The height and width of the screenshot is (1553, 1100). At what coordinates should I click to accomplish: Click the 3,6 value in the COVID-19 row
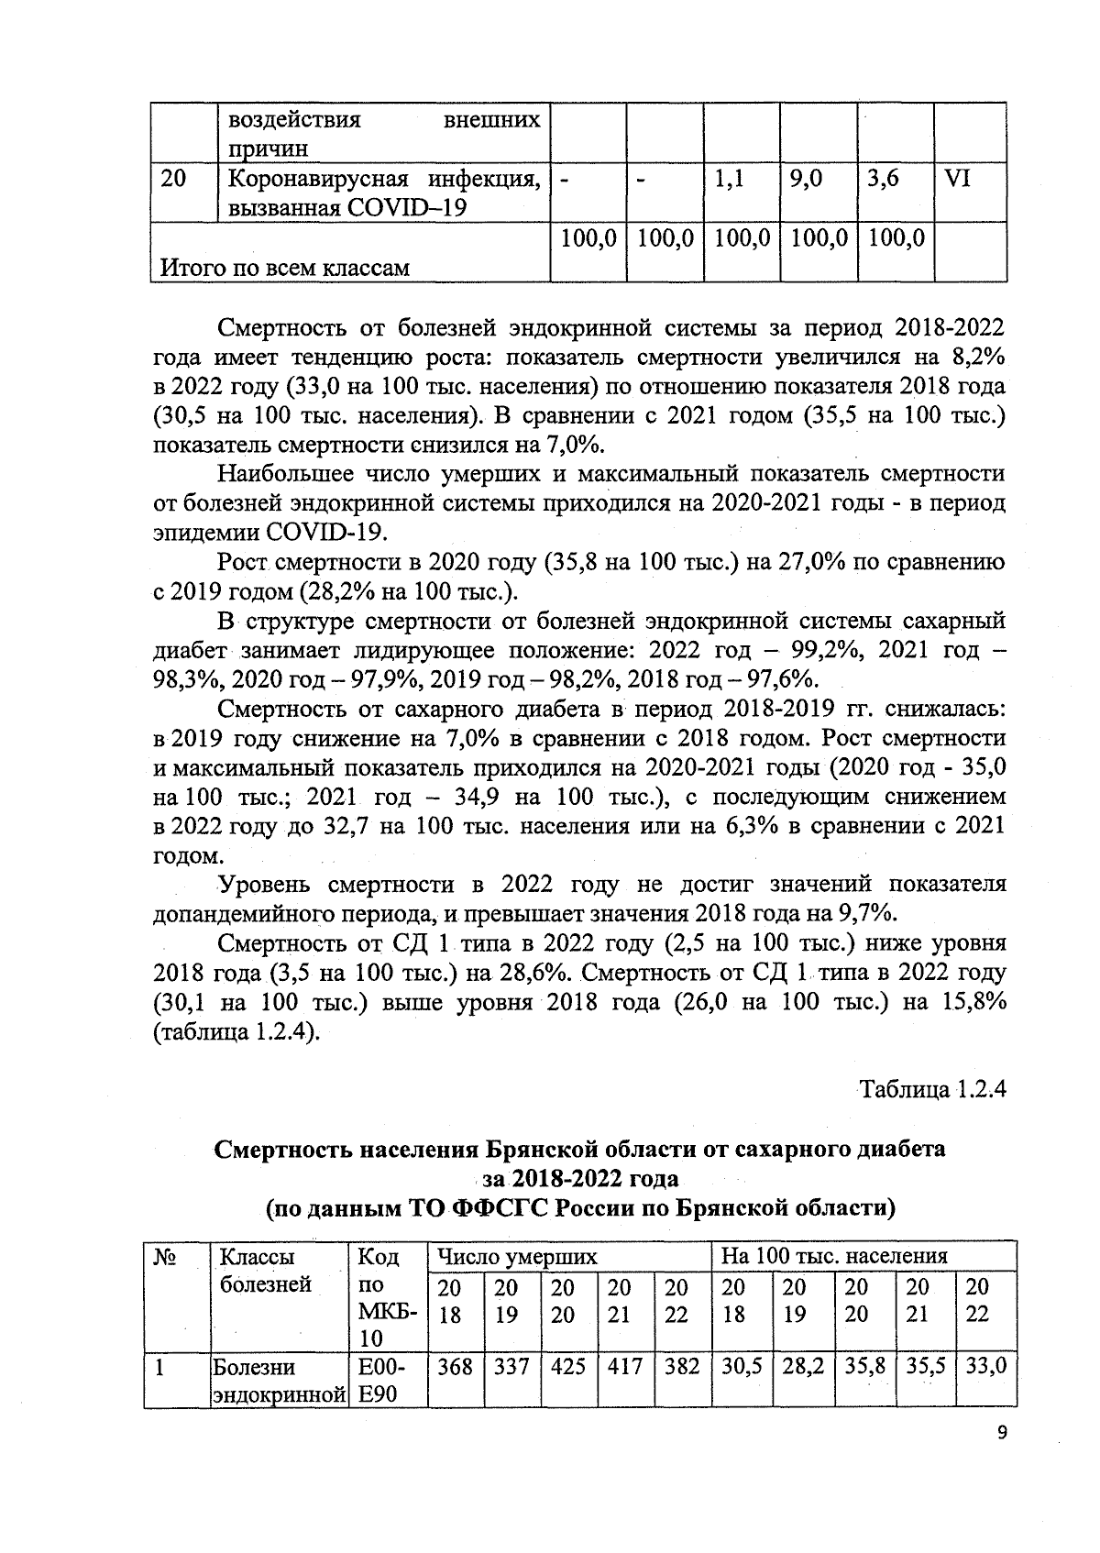(882, 179)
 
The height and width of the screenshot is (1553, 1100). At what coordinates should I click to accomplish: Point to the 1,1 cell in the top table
(730, 179)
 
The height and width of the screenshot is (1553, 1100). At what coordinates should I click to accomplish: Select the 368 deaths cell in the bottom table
(455, 1367)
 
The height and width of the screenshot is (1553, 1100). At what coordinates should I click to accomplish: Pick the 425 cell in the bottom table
(569, 1367)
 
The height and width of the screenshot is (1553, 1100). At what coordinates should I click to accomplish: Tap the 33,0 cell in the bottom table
(985, 1367)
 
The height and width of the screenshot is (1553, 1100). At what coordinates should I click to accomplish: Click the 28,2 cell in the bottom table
(804, 1367)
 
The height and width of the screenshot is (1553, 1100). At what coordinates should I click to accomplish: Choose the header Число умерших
(517, 1255)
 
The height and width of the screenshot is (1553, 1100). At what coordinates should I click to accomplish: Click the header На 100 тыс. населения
(834, 1255)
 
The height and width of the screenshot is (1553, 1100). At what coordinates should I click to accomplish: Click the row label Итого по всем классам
(285, 268)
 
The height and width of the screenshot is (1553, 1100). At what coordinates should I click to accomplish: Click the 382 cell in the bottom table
(682, 1367)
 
